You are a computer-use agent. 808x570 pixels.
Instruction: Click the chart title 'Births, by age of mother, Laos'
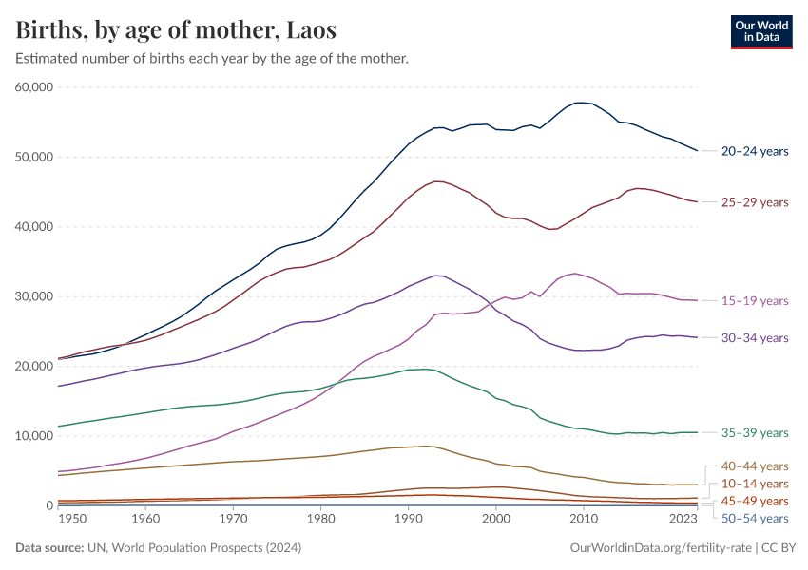[x=176, y=30]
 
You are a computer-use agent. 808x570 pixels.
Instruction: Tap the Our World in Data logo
[x=760, y=30]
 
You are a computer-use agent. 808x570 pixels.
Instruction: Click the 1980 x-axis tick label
[x=320, y=520]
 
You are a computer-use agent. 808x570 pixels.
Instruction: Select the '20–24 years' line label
[x=754, y=151]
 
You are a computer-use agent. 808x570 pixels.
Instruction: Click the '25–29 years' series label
[x=754, y=202]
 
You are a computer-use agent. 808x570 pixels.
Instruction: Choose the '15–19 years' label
[x=754, y=301]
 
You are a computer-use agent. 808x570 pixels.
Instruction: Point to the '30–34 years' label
[x=754, y=338]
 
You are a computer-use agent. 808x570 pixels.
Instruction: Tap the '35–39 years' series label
[x=754, y=433]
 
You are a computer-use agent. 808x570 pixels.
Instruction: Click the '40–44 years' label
[x=754, y=466]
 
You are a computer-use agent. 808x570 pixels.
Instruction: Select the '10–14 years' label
[x=754, y=484]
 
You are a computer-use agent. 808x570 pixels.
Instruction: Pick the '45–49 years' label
[x=754, y=501]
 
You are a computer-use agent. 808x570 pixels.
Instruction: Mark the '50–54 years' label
[x=754, y=518]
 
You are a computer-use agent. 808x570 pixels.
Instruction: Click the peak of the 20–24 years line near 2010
[x=580, y=103]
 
